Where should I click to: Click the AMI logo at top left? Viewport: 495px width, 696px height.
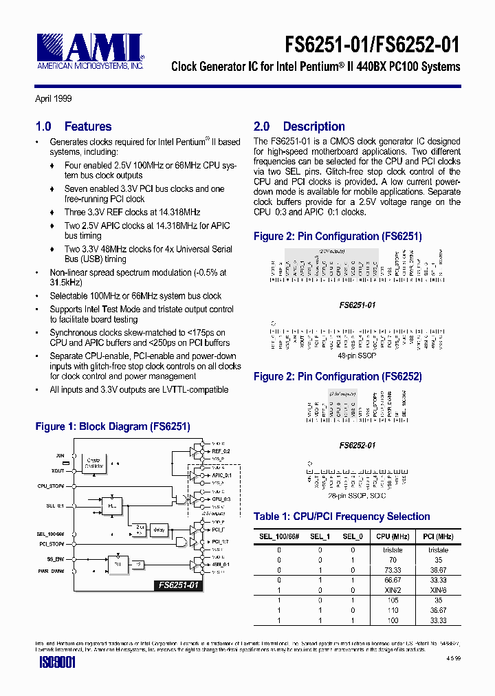click(x=89, y=51)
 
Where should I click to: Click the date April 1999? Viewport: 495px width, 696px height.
click(x=54, y=99)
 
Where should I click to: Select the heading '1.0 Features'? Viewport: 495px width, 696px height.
click(x=74, y=127)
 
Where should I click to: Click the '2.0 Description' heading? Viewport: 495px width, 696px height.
click(x=299, y=127)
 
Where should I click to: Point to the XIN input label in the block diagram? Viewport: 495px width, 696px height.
click(x=59, y=455)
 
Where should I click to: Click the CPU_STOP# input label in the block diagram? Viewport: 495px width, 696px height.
click(x=51, y=486)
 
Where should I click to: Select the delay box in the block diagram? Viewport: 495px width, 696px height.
click(x=159, y=529)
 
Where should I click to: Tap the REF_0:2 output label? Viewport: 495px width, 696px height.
click(x=220, y=450)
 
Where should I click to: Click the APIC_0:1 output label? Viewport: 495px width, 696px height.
click(x=221, y=475)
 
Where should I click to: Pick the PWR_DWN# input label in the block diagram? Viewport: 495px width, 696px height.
click(x=51, y=571)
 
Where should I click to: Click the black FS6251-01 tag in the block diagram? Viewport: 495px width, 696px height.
click(x=177, y=585)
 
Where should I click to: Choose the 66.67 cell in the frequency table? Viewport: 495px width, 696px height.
click(x=393, y=580)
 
